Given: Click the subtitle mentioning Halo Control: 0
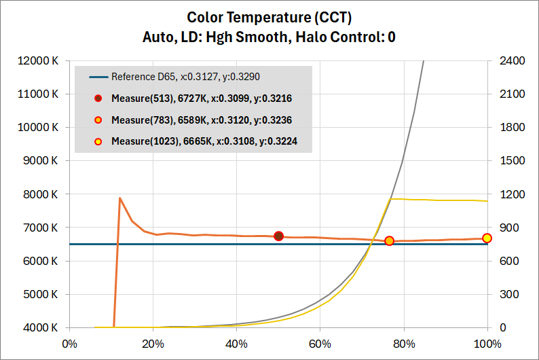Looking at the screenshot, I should pos(269,37).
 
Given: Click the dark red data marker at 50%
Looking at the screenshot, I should pos(278,236).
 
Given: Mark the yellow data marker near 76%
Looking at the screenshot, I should pos(390,240).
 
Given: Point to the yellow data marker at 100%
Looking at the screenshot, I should pos(487,238).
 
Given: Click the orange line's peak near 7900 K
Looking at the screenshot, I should pos(120,198).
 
